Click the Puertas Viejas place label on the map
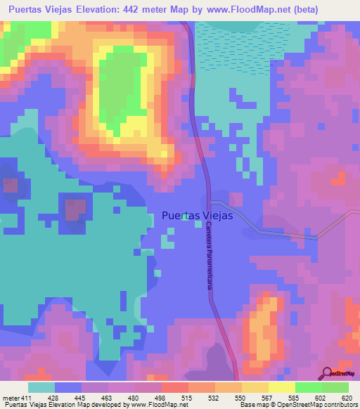pos(197,216)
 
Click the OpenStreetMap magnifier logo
pos(326,373)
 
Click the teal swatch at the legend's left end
pos(41,387)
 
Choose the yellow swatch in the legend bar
pos(282,387)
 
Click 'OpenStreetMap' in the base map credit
pos(310,405)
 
